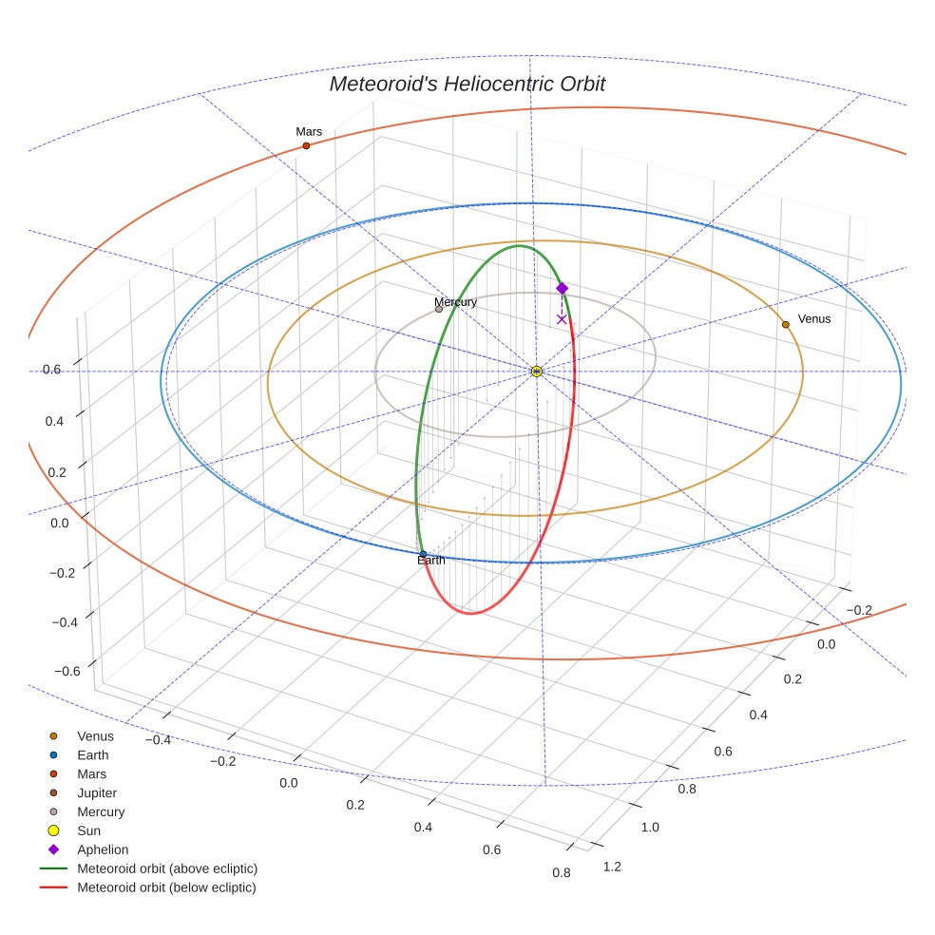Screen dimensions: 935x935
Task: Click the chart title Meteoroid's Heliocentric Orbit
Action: click(467, 85)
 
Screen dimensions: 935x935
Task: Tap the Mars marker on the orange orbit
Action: click(306, 145)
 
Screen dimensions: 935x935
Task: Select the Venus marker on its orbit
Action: click(785, 325)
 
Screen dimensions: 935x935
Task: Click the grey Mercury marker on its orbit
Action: click(438, 309)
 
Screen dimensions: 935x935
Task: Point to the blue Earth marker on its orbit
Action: click(423, 553)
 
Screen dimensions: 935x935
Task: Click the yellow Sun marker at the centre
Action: click(537, 371)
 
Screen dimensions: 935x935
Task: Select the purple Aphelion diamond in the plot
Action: click(562, 288)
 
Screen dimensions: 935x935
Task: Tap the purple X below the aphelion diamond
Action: click(562, 319)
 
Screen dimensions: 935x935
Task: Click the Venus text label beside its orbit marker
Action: click(813, 319)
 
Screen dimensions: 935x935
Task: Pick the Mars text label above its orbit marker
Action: click(309, 132)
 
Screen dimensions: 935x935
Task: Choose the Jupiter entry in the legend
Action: click(97, 792)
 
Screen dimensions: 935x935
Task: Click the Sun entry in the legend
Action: click(88, 830)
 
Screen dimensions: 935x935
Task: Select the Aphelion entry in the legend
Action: click(103, 849)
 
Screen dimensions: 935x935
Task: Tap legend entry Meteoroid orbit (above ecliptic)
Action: click(167, 868)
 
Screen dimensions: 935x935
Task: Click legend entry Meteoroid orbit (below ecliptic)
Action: click(166, 887)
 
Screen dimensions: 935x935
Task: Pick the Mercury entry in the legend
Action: click(101, 811)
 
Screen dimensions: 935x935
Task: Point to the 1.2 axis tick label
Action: click(612, 866)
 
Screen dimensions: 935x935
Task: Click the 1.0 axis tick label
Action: click(650, 827)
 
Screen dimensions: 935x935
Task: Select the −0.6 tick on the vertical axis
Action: click(66, 671)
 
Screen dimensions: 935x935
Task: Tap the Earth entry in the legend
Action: click(93, 755)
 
